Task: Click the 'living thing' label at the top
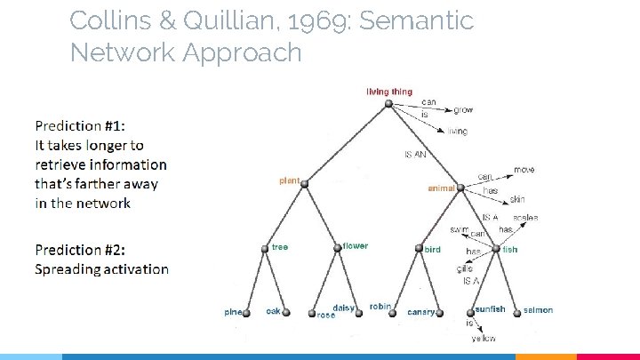click(389, 92)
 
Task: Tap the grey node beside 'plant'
click(304, 184)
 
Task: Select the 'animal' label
click(441, 188)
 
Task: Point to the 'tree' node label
click(280, 246)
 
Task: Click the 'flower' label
click(355, 246)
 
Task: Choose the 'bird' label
click(433, 250)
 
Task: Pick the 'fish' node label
click(509, 250)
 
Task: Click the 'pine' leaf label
click(233, 311)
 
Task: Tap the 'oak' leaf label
click(274, 311)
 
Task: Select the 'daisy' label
click(344, 308)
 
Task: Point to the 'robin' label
click(380, 307)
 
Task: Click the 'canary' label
click(420, 312)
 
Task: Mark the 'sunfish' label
click(490, 309)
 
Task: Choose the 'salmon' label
click(538, 310)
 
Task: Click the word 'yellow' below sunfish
click(484, 339)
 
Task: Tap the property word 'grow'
click(463, 110)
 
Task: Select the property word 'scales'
click(525, 218)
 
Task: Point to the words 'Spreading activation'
click(101, 268)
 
